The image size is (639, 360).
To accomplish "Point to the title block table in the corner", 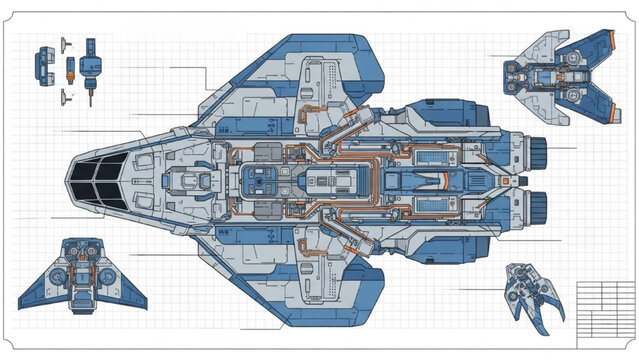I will (x=606, y=310).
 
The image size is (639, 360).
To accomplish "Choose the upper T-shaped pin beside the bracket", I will (x=65, y=43).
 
